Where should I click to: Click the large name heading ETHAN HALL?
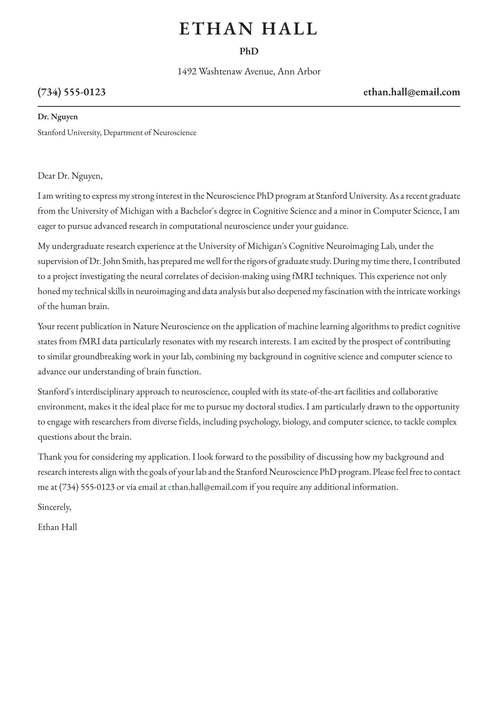tap(249, 29)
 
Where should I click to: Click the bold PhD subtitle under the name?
tap(249, 52)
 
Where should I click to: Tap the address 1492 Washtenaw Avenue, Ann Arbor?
tap(249, 72)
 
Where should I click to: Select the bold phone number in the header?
tap(72, 92)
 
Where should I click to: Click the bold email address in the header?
tap(412, 92)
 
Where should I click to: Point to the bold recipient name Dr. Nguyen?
tap(58, 117)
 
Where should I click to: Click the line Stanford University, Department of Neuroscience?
tap(117, 132)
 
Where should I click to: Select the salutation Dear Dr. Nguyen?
tap(70, 176)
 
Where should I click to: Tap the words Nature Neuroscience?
tap(171, 326)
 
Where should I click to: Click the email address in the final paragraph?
tap(207, 487)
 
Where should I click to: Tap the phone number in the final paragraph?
tap(87, 487)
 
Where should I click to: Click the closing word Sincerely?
tap(54, 507)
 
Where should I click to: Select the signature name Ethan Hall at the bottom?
tap(57, 527)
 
